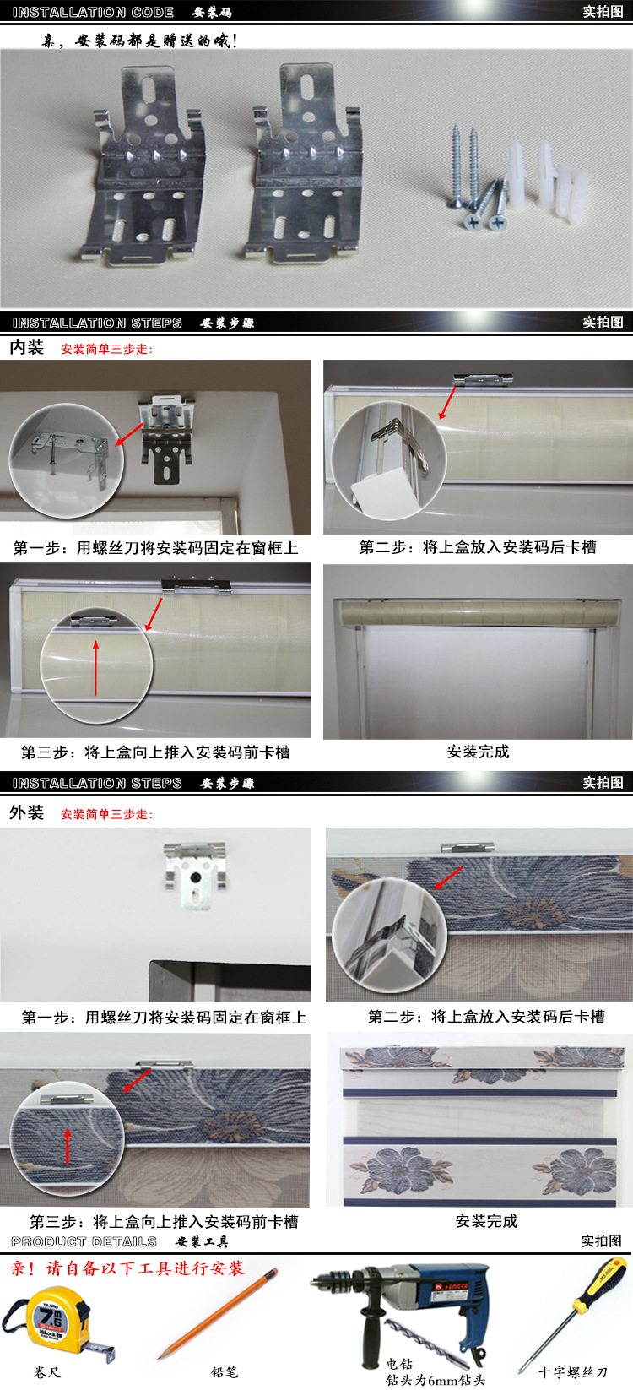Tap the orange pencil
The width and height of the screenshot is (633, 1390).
218,1311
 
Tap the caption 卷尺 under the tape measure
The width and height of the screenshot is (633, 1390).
47,1372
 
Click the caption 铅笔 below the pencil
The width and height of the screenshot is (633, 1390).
224,1372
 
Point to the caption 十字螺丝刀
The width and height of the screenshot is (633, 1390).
572,1372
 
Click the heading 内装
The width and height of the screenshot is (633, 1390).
27,348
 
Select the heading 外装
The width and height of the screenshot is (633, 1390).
27,812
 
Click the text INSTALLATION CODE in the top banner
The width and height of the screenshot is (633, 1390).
93,12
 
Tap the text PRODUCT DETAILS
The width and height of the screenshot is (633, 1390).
84,1241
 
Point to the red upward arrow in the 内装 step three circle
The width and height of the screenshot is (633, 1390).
96,668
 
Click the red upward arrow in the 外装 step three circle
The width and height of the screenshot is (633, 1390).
68,1145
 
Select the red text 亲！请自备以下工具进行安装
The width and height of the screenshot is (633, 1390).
127,1268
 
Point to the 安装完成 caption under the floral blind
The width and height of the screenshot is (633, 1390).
486,1221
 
